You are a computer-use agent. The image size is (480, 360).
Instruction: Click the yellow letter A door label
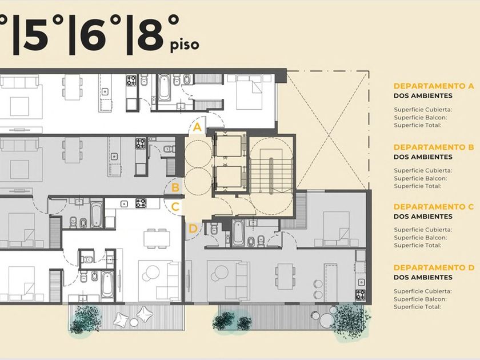[198, 126]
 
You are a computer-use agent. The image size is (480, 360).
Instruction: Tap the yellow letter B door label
[175, 187]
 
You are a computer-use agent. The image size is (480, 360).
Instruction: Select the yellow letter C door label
[175, 207]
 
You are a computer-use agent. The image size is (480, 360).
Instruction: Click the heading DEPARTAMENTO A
[434, 86]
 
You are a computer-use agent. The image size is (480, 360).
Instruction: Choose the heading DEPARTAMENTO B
[434, 147]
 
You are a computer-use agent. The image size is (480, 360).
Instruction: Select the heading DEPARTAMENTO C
[434, 207]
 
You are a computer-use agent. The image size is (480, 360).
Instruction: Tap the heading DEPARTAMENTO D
[434, 267]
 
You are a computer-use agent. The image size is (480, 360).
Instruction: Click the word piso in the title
[185, 45]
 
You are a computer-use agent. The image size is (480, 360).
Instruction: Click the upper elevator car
[229, 146]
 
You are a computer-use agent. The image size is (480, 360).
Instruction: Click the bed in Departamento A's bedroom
[249, 91]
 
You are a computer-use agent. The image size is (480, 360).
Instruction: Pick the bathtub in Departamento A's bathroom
[164, 87]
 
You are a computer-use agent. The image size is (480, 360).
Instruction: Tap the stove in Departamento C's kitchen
[141, 203]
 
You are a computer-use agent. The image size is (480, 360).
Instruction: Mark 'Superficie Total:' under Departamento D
[418, 307]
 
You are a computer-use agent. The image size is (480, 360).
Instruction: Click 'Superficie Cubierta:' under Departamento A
[423, 110]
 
